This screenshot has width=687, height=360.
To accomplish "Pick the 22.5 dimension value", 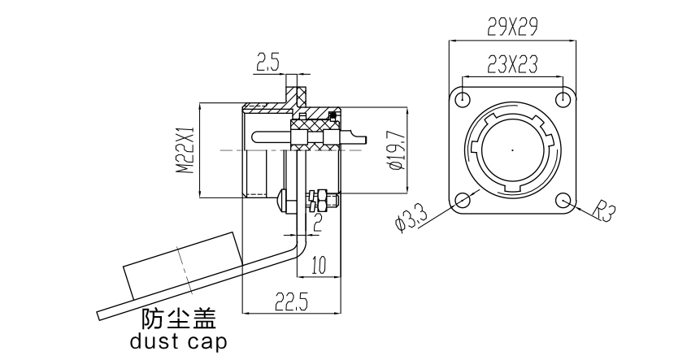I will pyautogui.click(x=290, y=303).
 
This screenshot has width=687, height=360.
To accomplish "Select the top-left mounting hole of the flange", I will pyautogui.click(x=463, y=99).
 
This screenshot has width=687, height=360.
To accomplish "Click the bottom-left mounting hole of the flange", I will pyautogui.click(x=463, y=201).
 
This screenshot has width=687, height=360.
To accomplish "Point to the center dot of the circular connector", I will pyautogui.click(x=513, y=150).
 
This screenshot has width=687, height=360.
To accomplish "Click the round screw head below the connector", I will pyautogui.click(x=280, y=199).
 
